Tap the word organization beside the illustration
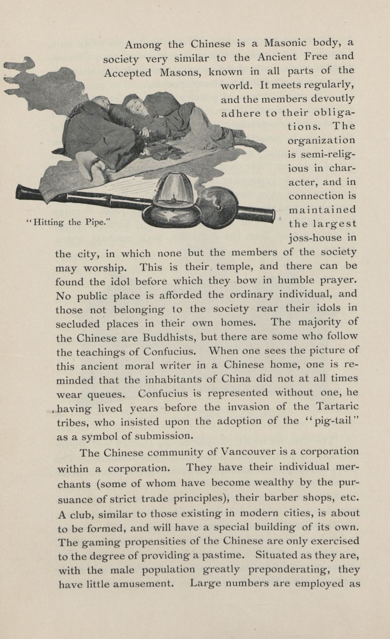tap(322, 140)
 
